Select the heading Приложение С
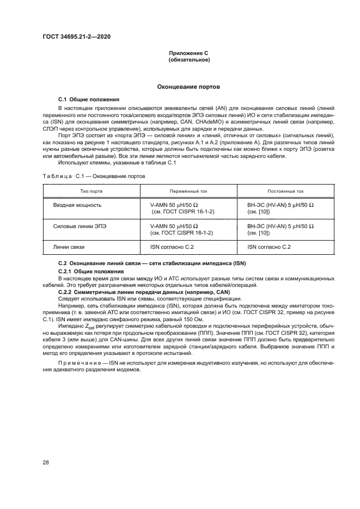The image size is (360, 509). coord(188,53)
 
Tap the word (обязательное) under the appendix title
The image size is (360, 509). coord(188,60)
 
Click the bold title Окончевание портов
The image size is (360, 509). coord(188,87)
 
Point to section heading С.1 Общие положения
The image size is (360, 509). coord(89,100)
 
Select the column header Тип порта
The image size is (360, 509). coord(91,192)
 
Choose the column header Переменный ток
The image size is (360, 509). coord(188,192)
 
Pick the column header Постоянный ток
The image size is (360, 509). coord(286,192)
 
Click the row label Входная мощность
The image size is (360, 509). coord(77,206)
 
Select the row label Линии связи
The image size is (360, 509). coord(69,247)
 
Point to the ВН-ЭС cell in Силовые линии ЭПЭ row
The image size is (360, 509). coord(280,229)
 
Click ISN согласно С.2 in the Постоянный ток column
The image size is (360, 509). coord(269,247)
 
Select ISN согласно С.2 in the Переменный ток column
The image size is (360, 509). coord(172,247)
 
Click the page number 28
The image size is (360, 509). coord(46,463)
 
